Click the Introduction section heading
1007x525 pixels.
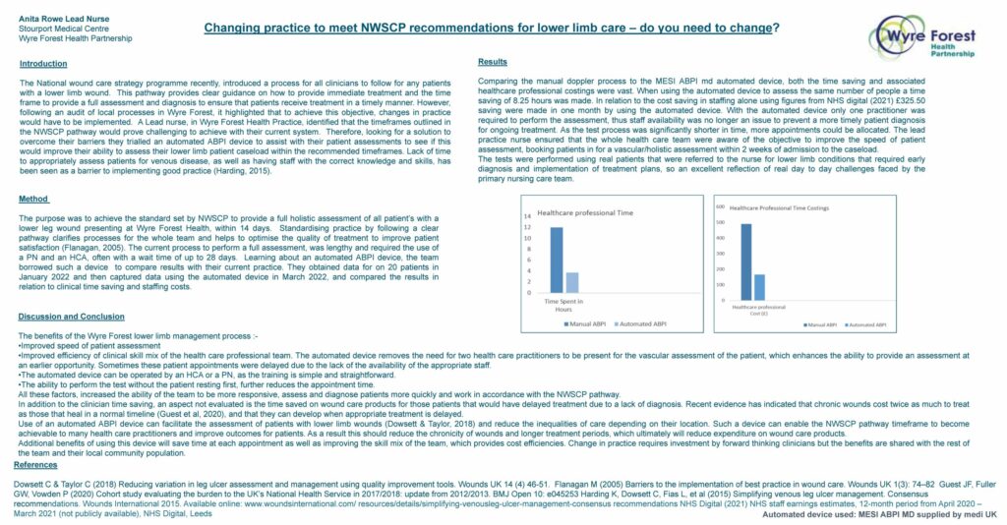pyautogui.click(x=43, y=64)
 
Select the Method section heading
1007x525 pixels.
pyautogui.click(x=33, y=199)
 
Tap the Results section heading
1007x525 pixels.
pyautogui.click(x=492, y=61)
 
